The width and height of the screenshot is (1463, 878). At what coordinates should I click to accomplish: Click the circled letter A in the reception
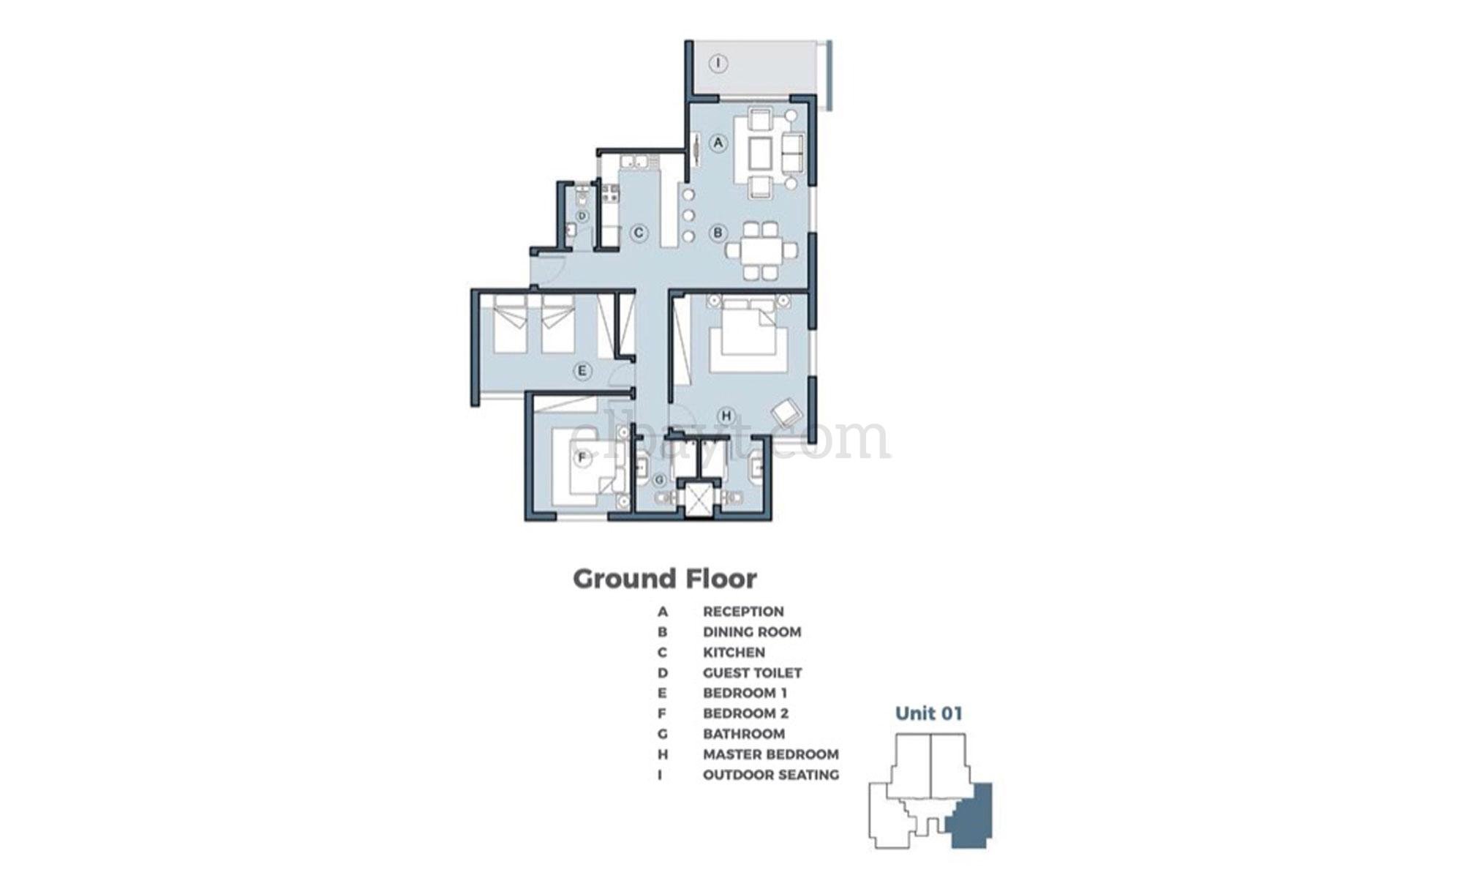click(x=718, y=143)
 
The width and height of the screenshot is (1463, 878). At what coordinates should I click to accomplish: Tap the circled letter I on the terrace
click(x=719, y=64)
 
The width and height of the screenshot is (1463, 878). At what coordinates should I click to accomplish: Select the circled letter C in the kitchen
click(x=639, y=233)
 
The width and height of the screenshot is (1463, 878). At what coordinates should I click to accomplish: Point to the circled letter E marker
click(x=582, y=371)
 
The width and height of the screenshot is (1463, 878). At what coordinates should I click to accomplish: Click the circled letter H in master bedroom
click(x=726, y=416)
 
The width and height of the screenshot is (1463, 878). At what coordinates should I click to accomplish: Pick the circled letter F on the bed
click(x=583, y=458)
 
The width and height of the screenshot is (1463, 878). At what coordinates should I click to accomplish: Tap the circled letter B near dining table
click(x=718, y=233)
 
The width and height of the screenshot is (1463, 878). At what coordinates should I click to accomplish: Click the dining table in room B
click(x=761, y=250)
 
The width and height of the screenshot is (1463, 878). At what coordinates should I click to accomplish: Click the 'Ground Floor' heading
click(x=664, y=579)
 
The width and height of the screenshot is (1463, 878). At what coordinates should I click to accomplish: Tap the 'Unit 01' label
click(x=928, y=713)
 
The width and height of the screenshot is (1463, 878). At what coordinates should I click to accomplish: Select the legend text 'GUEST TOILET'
click(x=752, y=672)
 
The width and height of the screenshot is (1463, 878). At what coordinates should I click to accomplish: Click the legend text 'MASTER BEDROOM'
click(x=770, y=754)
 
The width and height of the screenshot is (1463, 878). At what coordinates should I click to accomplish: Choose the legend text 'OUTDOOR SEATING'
click(x=770, y=775)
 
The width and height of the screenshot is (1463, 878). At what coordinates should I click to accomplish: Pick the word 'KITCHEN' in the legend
click(x=734, y=652)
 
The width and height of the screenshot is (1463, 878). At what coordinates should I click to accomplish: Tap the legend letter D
click(x=662, y=672)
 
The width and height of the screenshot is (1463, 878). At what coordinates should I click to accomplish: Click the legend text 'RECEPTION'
click(x=743, y=611)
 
